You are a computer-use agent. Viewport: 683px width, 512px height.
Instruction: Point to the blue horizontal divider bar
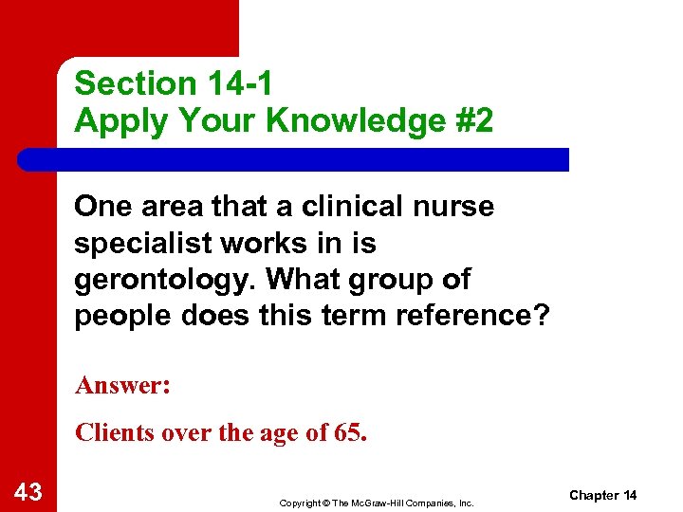294,159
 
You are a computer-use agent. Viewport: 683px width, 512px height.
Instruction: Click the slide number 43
28,492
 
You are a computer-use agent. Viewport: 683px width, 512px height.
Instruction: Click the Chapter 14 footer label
604,495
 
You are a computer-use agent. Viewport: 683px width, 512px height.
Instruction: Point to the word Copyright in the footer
301,502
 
